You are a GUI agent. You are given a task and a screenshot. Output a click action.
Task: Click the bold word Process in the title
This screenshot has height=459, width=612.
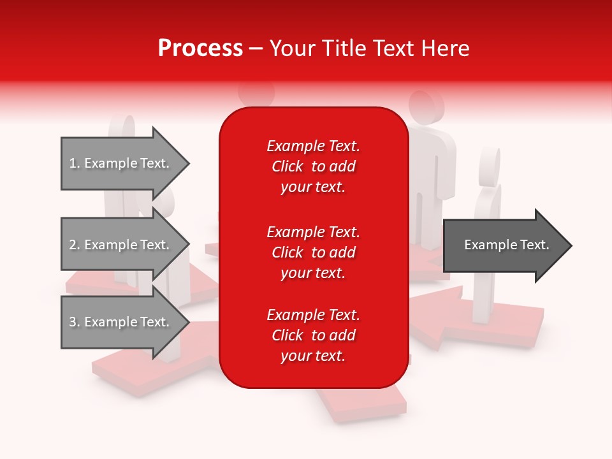tap(200, 48)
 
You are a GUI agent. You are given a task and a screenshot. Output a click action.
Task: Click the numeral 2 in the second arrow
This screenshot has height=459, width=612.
tap(73, 245)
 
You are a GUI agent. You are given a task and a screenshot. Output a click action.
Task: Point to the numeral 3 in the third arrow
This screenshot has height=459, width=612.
tap(73, 322)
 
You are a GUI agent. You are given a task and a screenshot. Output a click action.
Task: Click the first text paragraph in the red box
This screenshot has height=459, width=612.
tap(313, 166)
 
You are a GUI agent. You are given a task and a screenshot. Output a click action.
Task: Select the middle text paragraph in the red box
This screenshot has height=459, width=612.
tap(313, 252)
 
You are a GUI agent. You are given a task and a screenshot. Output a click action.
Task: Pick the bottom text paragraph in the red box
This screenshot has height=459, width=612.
tap(313, 335)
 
